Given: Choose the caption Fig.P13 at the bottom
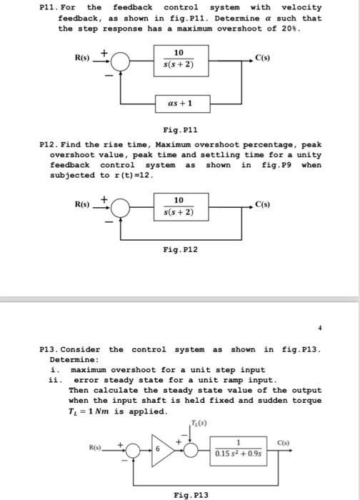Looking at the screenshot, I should (191, 494).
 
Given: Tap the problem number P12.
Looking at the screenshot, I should (51, 144).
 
